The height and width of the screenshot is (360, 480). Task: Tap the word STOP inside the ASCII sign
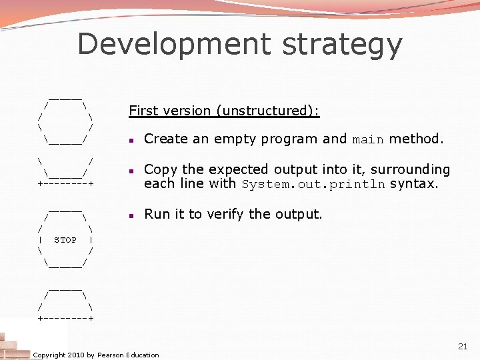tap(65, 240)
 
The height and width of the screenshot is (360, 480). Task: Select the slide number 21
tap(463, 346)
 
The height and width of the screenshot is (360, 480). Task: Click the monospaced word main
tap(368, 140)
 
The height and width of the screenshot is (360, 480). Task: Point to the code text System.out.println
tap(313, 185)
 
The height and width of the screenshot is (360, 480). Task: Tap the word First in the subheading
tap(141, 111)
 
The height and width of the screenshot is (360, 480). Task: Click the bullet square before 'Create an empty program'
tap(133, 141)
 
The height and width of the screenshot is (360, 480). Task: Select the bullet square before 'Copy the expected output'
tap(133, 171)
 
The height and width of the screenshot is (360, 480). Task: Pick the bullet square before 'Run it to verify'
tap(133, 215)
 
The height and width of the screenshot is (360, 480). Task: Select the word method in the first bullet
tap(415, 139)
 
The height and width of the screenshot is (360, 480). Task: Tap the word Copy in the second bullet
tap(159, 170)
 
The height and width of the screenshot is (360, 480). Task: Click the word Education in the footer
tap(143, 355)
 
